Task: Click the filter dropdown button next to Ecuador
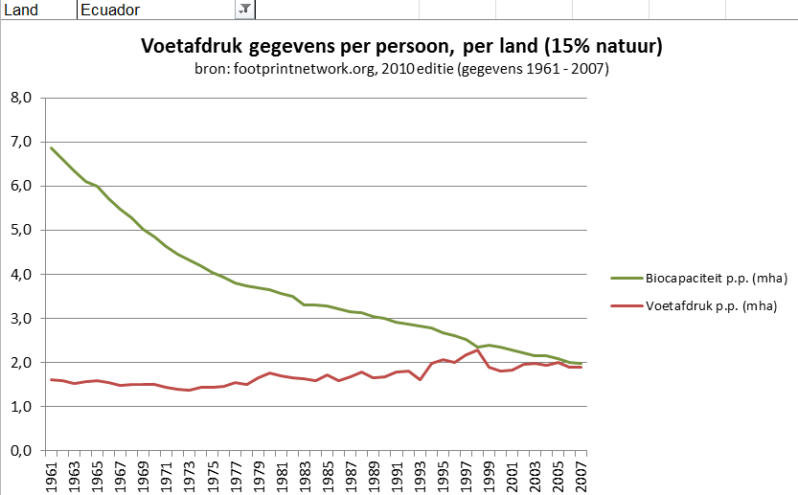tap(244, 9)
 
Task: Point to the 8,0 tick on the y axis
tap(21, 98)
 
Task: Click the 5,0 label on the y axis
tap(21, 230)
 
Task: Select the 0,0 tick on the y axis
tap(21, 451)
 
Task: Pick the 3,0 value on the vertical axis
tap(21, 318)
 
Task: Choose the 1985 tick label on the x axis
tap(327, 474)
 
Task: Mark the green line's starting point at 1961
tap(52, 147)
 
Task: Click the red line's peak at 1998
tap(477, 350)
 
